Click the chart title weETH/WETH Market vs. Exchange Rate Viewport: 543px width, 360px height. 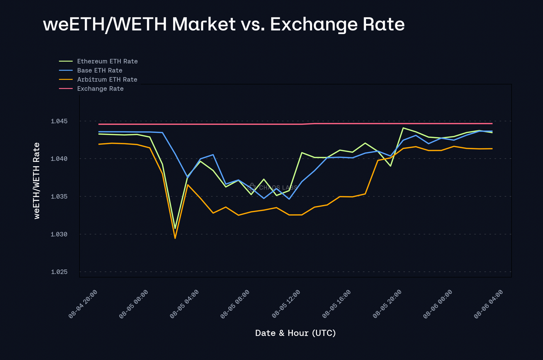224,25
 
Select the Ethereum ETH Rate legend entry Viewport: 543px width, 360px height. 107,62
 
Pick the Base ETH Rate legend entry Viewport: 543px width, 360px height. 100,71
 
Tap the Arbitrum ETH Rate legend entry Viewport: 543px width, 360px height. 107,80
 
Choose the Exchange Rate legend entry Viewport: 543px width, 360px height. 100,89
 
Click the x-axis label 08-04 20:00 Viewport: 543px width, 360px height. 83,304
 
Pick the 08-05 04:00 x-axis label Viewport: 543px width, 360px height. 184,304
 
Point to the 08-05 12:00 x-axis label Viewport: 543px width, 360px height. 286,304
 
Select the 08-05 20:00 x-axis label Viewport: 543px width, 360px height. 387,304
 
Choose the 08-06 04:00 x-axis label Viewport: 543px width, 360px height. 488,304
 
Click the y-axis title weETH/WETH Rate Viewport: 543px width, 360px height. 37,181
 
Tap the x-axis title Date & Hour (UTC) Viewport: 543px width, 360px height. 295,333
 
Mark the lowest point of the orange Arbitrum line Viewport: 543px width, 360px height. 175,238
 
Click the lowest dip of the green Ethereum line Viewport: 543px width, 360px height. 175,228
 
